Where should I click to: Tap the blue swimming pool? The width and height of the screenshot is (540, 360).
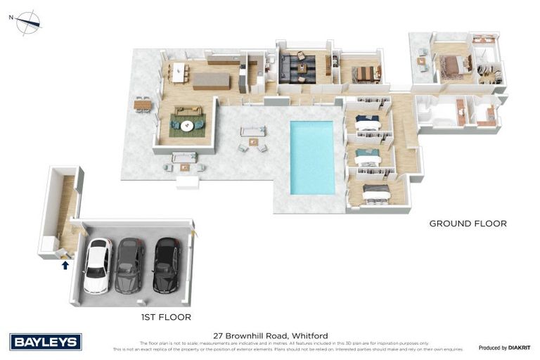[x=312, y=157]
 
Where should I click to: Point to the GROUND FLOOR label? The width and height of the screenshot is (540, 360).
[x=468, y=224]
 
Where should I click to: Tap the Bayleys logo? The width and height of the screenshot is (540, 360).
[x=46, y=342]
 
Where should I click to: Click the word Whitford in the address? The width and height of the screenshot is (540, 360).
[x=309, y=336]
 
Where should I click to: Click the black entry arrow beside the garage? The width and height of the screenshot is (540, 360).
[x=65, y=265]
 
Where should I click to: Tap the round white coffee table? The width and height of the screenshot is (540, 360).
[x=188, y=126]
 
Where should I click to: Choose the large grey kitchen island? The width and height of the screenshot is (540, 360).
[x=211, y=80]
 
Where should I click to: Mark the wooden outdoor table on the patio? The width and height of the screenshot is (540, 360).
[x=143, y=105]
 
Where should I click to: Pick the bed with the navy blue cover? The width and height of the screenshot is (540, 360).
[x=368, y=122]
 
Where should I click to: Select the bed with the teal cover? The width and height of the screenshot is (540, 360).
[x=367, y=156]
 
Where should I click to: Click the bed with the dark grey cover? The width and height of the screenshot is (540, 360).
[x=376, y=191]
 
